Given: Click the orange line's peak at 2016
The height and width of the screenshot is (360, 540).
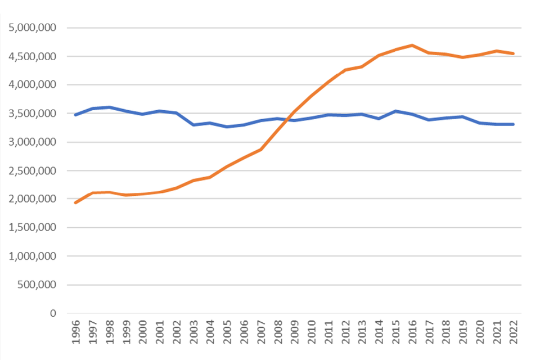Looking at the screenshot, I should click(x=412, y=45).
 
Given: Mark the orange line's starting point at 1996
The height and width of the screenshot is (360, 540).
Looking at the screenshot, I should click(x=75, y=202).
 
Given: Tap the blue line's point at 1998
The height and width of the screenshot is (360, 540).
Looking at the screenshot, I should click(x=109, y=107).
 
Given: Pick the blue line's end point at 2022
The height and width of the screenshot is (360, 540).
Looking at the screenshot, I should click(x=514, y=124).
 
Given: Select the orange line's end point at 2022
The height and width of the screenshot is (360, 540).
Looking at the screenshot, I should click(x=514, y=53).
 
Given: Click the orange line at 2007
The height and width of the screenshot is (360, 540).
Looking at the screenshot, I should click(x=261, y=149).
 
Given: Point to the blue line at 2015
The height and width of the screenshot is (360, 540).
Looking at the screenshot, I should click(x=396, y=111).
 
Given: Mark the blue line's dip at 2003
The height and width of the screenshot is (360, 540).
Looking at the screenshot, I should click(x=193, y=124).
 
